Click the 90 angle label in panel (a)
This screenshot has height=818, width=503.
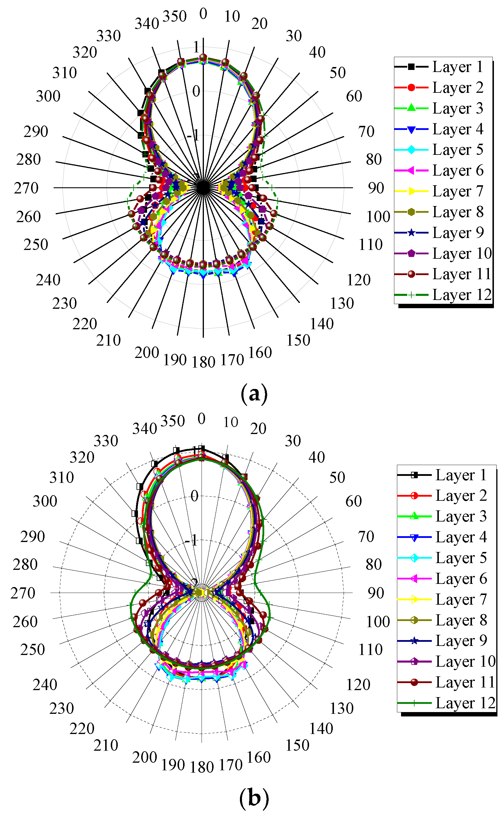(376, 188)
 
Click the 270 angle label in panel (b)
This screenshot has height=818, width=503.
(23, 593)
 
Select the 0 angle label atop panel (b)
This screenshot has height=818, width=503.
(201, 419)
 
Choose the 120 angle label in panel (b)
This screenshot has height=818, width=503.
(358, 685)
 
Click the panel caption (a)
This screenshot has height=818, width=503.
(254, 394)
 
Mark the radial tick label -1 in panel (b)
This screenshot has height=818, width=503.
(191, 541)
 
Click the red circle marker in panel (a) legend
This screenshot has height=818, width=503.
(411, 88)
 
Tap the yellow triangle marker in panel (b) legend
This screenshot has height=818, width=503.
(414, 599)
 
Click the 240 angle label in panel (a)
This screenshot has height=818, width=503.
(48, 280)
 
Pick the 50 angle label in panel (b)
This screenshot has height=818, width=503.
(337, 477)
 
